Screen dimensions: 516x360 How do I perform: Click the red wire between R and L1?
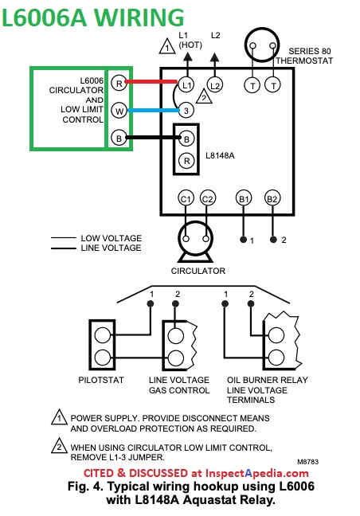coord(151,82)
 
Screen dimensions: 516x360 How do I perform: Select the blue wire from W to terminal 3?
coord(151,111)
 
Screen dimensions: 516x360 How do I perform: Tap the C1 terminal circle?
coord(186,198)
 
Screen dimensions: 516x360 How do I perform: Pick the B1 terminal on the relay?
coord(243,198)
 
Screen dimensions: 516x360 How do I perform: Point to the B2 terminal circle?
coord(272,198)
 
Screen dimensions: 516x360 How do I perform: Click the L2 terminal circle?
coord(214,84)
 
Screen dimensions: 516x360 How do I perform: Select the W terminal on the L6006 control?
coord(119,111)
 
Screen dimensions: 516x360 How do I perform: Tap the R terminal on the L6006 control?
coord(119,83)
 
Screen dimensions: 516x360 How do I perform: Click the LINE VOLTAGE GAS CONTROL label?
coord(179,385)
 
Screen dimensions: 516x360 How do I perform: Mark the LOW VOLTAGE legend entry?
coord(111,238)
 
